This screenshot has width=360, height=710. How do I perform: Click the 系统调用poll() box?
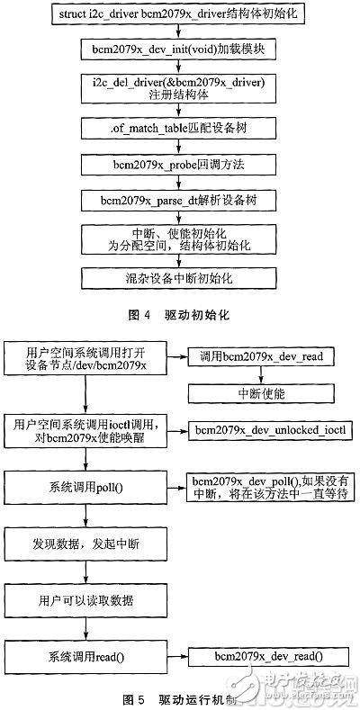click(x=85, y=488)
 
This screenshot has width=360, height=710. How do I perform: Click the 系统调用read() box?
click(x=85, y=653)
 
